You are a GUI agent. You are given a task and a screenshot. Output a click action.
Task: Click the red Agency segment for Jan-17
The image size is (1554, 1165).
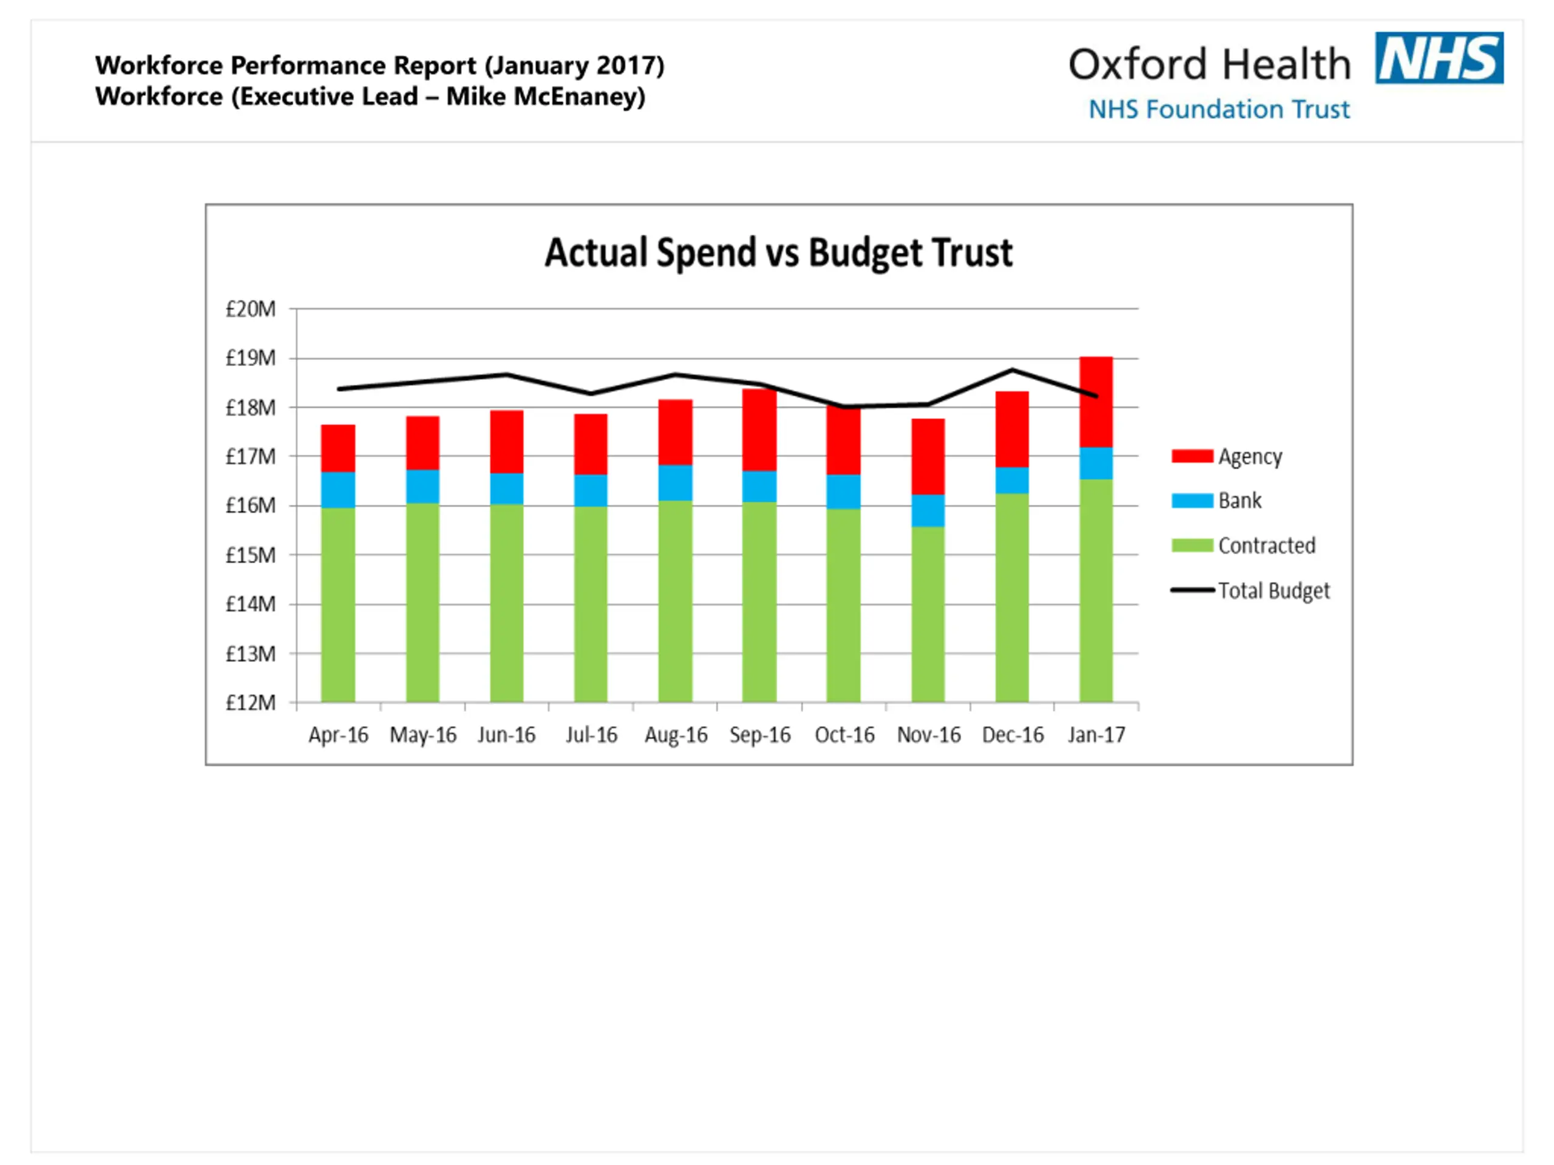click(1096, 402)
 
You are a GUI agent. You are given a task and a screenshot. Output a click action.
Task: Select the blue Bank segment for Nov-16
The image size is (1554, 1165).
click(928, 510)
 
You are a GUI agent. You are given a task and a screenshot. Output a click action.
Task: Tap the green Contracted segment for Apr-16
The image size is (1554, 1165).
click(338, 604)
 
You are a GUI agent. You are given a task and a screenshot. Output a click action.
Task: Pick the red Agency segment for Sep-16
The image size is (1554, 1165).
click(759, 430)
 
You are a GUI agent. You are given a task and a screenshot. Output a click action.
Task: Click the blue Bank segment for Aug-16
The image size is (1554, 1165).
click(675, 482)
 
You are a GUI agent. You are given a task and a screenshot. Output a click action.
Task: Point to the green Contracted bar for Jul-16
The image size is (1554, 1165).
click(591, 604)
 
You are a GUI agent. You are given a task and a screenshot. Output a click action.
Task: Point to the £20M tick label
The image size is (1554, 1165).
click(250, 309)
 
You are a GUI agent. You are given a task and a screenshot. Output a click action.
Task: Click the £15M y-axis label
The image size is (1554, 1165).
click(250, 555)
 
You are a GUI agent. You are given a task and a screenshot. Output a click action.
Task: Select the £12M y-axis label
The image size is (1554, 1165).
click(250, 703)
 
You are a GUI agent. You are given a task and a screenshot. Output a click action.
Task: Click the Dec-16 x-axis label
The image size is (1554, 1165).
click(1013, 735)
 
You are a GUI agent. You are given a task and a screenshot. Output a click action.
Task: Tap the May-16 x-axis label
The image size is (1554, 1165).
click(423, 735)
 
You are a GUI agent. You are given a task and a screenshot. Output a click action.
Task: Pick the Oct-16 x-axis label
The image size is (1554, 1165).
click(844, 735)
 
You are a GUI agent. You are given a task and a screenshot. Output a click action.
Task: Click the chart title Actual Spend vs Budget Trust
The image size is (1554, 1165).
click(778, 253)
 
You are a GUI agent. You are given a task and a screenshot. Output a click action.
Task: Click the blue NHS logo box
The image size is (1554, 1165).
click(1439, 58)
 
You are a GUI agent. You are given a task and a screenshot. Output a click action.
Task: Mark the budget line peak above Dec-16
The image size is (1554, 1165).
click(1013, 370)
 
